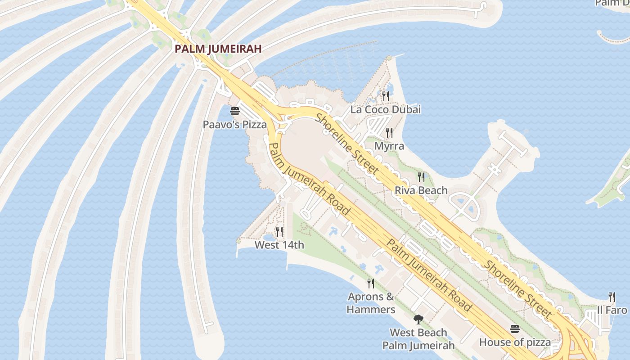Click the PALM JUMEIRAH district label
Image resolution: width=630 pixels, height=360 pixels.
point(218,49)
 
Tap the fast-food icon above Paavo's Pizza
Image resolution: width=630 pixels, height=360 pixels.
point(235,111)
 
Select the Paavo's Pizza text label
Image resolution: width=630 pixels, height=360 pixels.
point(234,125)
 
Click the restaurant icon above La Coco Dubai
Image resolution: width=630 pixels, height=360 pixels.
point(385,96)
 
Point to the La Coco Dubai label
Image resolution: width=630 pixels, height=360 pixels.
point(385,109)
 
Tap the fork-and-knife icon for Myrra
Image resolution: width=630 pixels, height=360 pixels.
point(389,133)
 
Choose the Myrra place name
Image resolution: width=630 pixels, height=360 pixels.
point(389,146)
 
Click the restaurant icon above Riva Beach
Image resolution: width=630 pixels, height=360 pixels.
point(421,177)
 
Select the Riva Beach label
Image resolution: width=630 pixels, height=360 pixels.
point(421,190)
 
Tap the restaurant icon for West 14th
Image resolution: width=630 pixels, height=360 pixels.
point(279,232)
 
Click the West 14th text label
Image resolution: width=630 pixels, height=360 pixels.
point(279,245)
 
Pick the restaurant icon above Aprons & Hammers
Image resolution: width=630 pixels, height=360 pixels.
point(371,283)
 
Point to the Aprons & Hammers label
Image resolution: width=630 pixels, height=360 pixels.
point(371,303)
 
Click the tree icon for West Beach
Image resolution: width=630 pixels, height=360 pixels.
point(418,319)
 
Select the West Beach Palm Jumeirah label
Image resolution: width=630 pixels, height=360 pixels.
point(418,339)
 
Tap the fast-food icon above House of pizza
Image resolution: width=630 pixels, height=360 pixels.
point(515,329)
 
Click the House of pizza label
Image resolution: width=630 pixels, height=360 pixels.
point(515,342)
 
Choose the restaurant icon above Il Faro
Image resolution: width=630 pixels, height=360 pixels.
point(612,297)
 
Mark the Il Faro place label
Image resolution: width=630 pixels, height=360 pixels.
point(612,310)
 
